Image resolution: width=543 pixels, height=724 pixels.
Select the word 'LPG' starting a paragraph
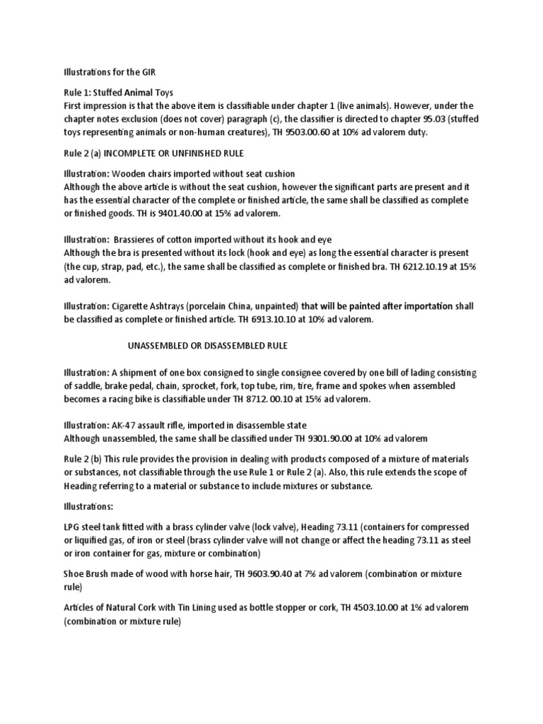point(72,527)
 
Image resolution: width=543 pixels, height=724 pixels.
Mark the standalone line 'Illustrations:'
point(89,506)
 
